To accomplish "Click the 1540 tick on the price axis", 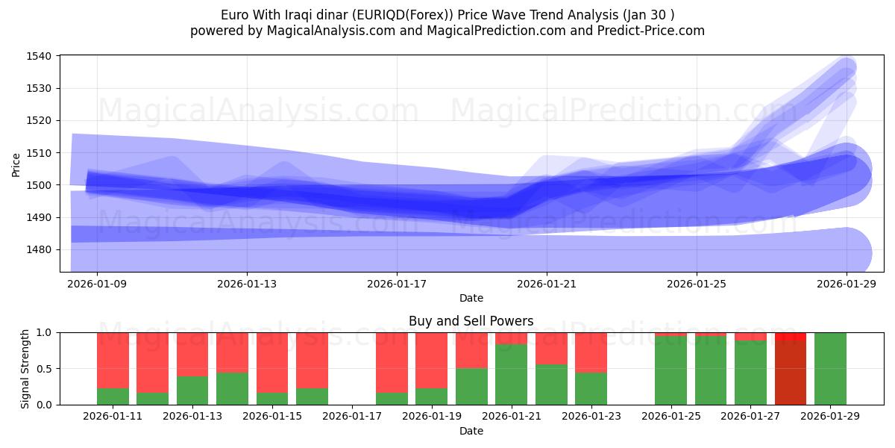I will (39, 56).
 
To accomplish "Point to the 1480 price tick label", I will (39, 249).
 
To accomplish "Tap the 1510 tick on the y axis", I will (39, 153).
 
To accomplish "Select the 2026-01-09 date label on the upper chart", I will (97, 284).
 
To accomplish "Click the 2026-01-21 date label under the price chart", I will (547, 284).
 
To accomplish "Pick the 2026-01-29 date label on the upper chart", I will (847, 284).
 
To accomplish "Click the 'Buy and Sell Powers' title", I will (471, 321).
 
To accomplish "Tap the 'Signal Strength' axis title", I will (26, 368).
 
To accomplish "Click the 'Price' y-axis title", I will (16, 165).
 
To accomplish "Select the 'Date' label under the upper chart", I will (471, 298).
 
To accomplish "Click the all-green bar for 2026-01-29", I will (830, 368).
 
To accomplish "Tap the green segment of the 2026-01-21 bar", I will (511, 374).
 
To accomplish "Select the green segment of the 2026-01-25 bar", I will (671, 370).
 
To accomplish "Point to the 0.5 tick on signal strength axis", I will (45, 368).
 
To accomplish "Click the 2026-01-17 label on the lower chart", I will (351, 417).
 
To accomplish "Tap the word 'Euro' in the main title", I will (236, 15).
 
